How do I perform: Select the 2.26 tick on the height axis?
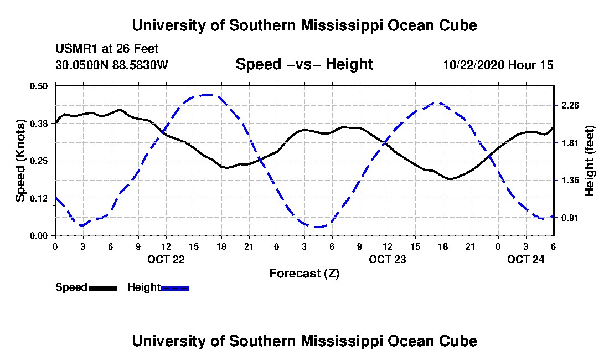pyautogui.click(x=570, y=105)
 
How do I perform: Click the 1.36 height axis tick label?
pyautogui.click(x=570, y=180)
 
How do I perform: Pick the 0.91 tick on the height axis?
pyautogui.click(x=570, y=218)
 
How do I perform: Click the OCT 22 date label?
pyautogui.click(x=166, y=259)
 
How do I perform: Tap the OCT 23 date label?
pyautogui.click(x=387, y=259)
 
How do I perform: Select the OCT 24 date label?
pyautogui.click(x=525, y=259)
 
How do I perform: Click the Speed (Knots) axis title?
pyautogui.click(x=20, y=161)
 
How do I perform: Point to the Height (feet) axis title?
pyautogui.click(x=590, y=161)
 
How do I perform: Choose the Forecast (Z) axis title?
pyautogui.click(x=304, y=273)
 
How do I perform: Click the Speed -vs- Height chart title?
pyautogui.click(x=304, y=64)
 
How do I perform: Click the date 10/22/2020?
pyautogui.click(x=473, y=65)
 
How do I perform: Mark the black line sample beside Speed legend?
pyautogui.click(x=103, y=288)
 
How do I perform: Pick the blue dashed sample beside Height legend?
pyautogui.click(x=175, y=288)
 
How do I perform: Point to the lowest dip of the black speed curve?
pyautogui.click(x=451, y=179)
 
